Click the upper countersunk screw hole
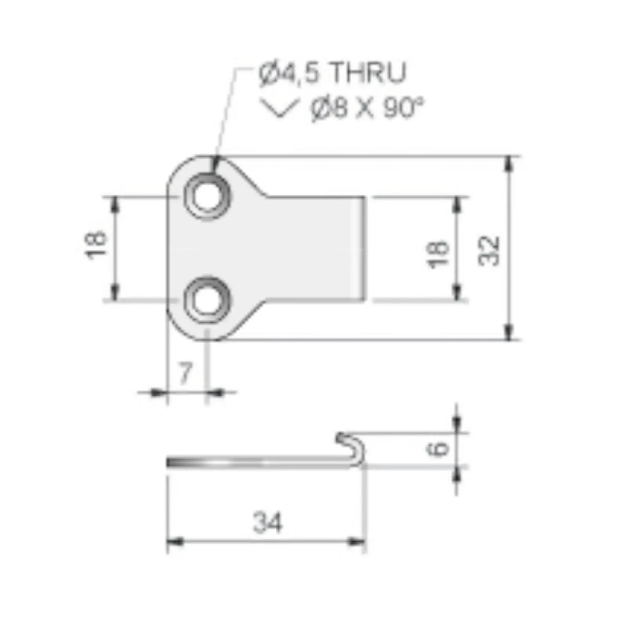pos(207,197)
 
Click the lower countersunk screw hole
pos(207,299)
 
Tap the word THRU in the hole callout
pos(368,72)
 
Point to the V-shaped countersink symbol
pos(279,108)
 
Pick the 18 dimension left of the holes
pos(96,246)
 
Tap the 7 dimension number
pos(185,373)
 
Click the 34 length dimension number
pos(267,523)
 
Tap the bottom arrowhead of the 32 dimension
pos(508,332)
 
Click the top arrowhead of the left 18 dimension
pos(114,205)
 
